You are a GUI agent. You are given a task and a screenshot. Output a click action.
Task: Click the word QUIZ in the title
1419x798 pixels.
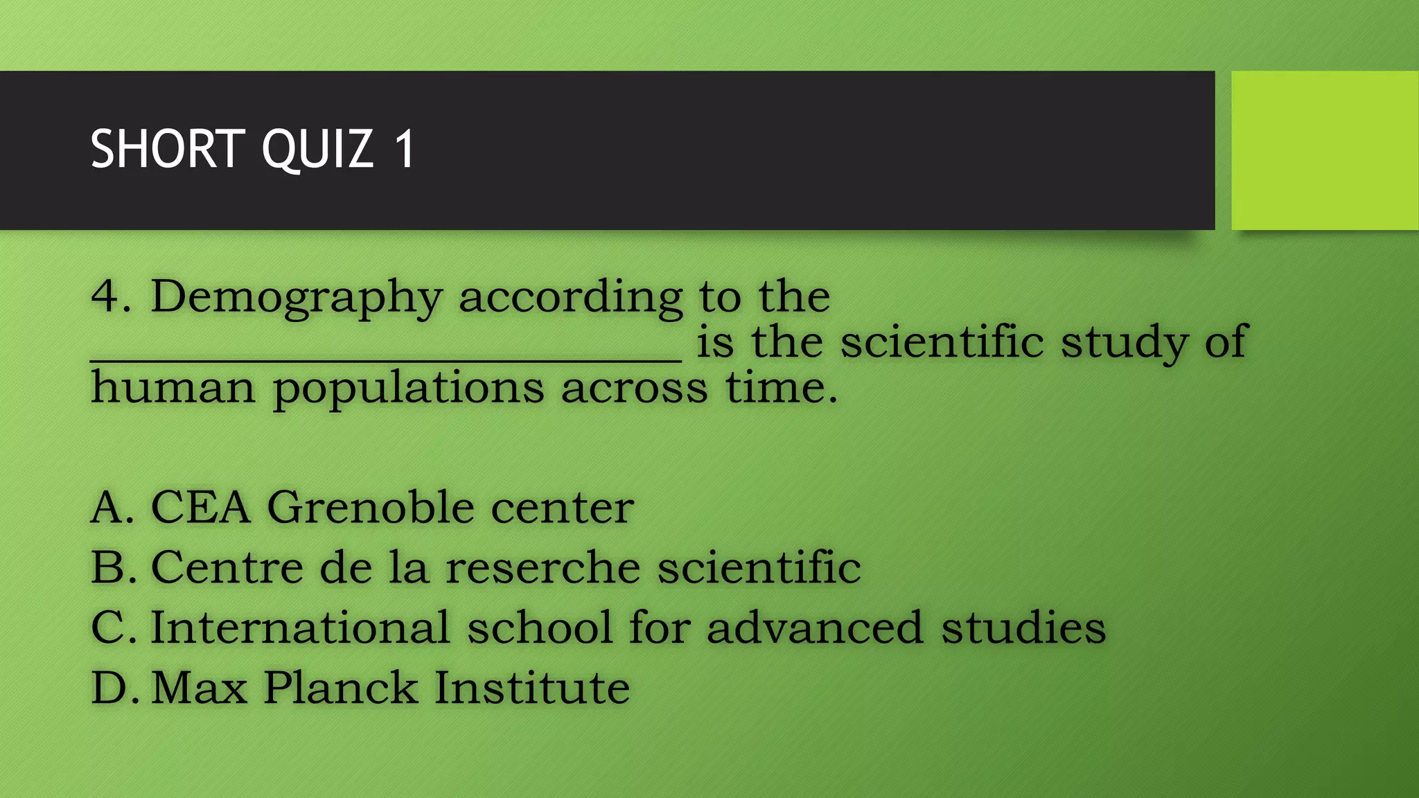pyautogui.click(x=318, y=149)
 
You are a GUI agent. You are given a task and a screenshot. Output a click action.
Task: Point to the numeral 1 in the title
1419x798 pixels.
pyautogui.click(x=405, y=149)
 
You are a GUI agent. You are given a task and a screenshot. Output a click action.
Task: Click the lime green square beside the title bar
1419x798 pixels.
pyautogui.click(x=1325, y=150)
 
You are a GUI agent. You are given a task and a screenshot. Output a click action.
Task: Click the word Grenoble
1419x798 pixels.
pyautogui.click(x=371, y=507)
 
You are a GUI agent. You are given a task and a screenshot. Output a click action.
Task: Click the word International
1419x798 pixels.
pyautogui.click(x=300, y=628)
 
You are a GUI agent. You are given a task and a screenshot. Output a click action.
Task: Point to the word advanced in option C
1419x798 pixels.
pyautogui.click(x=815, y=628)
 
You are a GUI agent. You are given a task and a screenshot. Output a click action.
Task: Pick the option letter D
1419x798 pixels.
pyautogui.click(x=109, y=688)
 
